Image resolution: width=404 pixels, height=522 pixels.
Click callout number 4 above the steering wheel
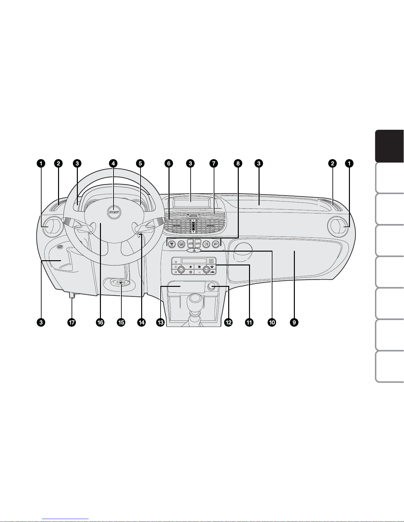tap(113, 164)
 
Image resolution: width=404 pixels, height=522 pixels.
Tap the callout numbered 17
tap(72, 322)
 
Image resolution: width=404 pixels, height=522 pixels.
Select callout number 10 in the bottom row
tap(272, 322)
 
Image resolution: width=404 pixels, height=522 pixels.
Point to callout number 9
tap(294, 322)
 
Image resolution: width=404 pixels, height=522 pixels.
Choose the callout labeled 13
tap(160, 322)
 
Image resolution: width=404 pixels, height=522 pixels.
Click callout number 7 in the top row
tap(214, 164)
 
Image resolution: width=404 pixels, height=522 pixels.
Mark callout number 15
tap(121, 322)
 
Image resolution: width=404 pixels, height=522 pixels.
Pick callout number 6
tap(169, 164)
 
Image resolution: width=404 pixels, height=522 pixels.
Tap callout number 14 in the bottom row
tap(141, 322)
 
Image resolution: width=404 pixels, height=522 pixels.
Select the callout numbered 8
tap(238, 164)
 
